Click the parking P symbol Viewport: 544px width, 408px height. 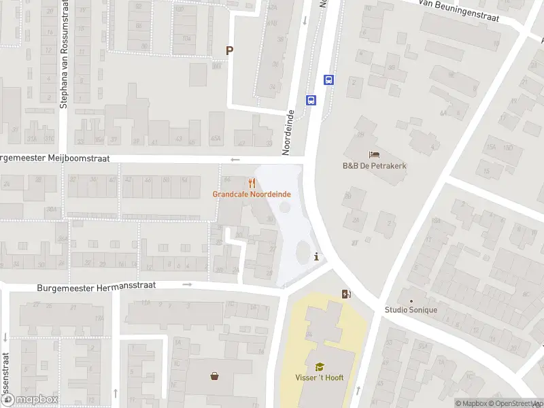pos(230,50)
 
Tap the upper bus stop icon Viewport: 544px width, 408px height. pos(329,80)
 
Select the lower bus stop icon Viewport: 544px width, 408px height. pos(311,100)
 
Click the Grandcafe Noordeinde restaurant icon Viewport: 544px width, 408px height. pos(252,183)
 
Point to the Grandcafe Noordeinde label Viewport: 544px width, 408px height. pos(252,194)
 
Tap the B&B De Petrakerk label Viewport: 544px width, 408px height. pos(374,165)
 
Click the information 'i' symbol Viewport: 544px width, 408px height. pos(316,256)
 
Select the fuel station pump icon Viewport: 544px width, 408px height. pos(346,294)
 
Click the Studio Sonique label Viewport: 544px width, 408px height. pos(410,310)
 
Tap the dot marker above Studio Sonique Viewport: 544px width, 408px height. pos(410,300)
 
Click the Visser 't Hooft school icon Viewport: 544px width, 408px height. pos(319,367)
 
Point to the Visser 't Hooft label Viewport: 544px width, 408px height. pos(319,378)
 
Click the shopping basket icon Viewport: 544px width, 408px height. pos(215,375)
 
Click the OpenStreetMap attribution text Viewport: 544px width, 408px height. pos(510,403)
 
